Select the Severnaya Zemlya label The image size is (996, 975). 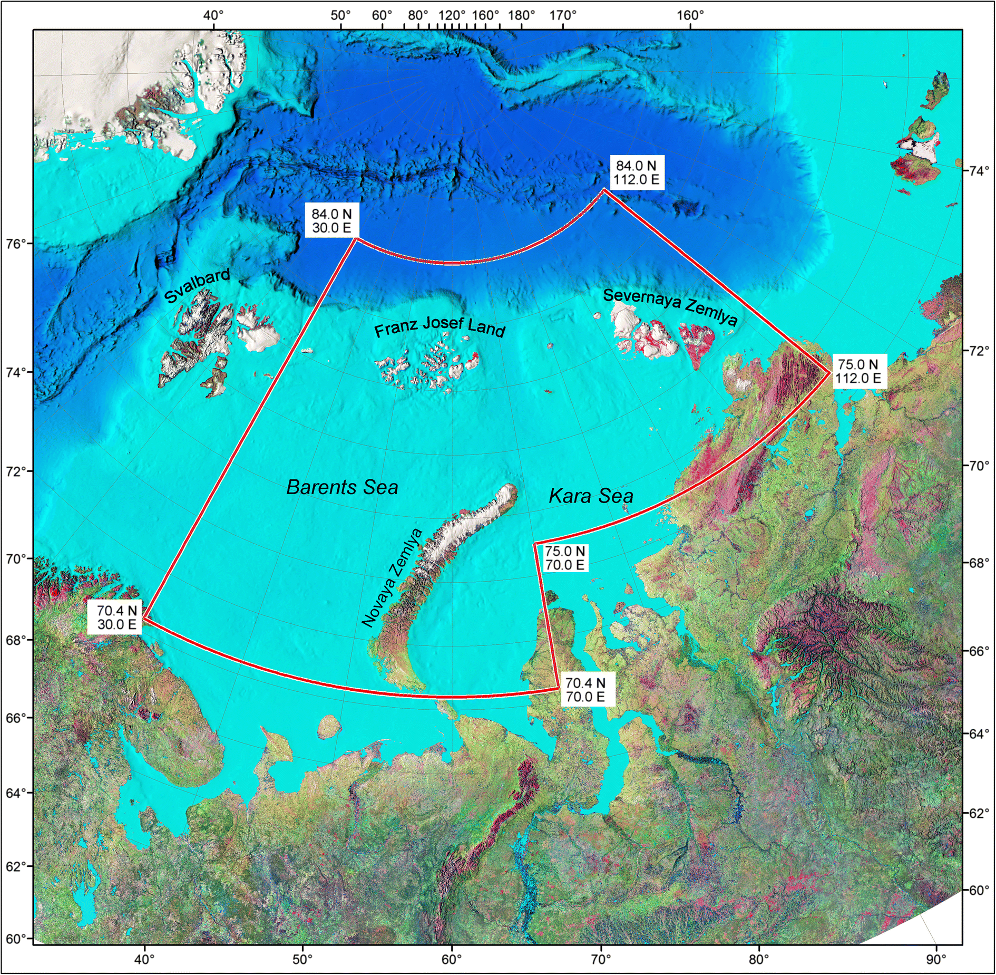coord(670,306)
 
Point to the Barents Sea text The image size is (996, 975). coord(342,487)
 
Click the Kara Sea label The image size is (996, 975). coord(591,496)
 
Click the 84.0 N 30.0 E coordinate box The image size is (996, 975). coord(331,221)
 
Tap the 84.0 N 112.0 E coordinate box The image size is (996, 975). coord(636,172)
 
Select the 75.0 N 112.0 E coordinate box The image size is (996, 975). coord(858,371)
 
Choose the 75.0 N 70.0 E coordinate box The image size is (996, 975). coord(565,558)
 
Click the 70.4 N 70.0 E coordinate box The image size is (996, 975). coord(585,690)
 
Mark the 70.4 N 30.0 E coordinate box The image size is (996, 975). coord(116,617)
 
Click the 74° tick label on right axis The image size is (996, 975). coord(979,171)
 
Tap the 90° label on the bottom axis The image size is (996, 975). coord(936,959)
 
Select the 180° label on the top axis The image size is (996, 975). coord(522,15)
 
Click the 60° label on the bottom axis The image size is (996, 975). coord(452,959)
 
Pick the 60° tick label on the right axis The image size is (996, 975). coord(979,891)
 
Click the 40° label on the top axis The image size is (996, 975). coord(213,15)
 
